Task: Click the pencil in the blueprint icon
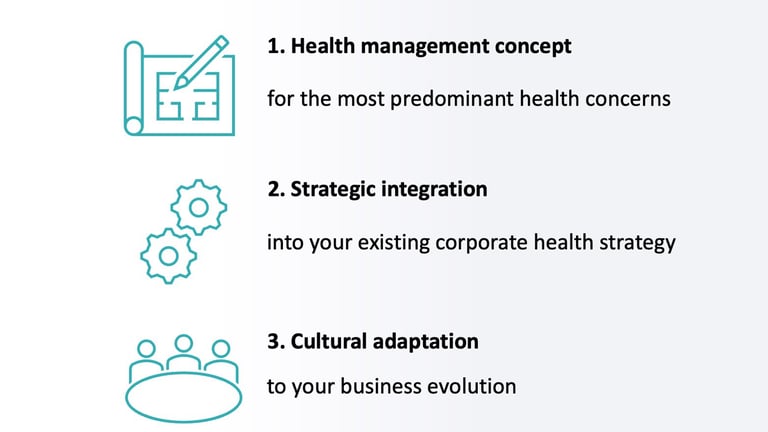tap(201, 63)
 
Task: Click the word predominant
tap(452, 99)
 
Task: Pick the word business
tap(381, 386)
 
